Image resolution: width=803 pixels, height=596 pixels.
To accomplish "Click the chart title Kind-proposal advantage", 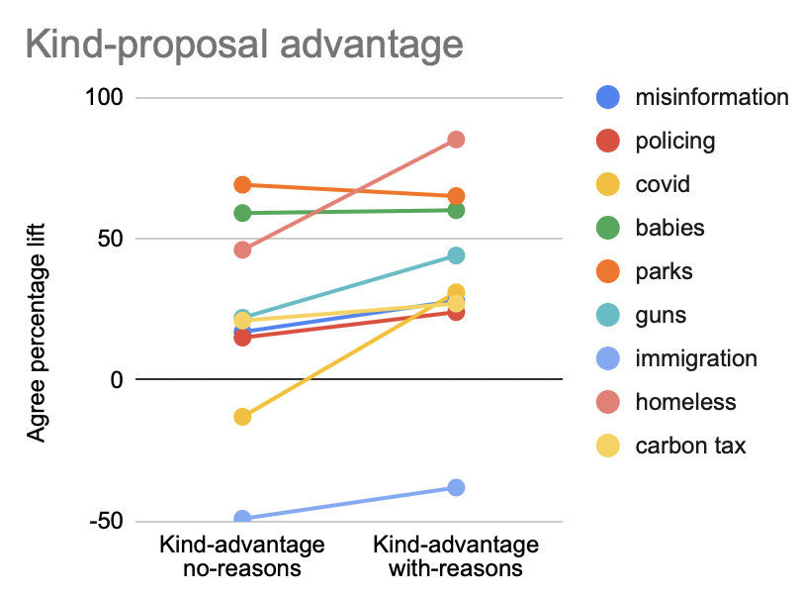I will click(243, 44).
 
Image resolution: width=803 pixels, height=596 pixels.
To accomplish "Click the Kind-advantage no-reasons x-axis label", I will click(242, 557).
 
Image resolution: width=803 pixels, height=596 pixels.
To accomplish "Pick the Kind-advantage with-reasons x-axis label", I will click(456, 557).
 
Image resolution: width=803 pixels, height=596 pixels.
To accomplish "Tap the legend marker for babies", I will click(609, 228).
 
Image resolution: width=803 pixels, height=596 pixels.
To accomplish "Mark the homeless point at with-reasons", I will click(456, 140).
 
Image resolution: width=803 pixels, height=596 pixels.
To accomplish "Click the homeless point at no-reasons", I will click(242, 249).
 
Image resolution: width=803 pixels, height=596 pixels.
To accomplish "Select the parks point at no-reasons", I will click(242, 185).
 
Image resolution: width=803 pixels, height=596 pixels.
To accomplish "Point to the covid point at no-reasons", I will click(242, 417).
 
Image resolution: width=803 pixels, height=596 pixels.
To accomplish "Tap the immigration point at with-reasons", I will click(456, 487).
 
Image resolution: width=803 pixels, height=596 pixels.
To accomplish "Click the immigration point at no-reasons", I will click(242, 519).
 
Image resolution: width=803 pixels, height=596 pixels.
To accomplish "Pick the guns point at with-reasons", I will click(456, 255).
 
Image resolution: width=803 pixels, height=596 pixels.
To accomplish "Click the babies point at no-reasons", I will click(242, 213).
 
